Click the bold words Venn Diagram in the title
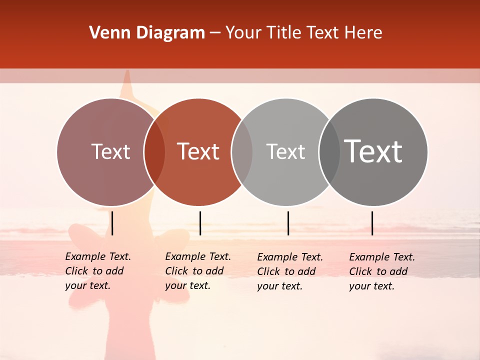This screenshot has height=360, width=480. tap(147, 33)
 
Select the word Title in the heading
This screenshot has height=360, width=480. tap(283, 33)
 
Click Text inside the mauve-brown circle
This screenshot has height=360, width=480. tap(110, 151)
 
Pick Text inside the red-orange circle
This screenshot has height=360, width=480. tap(198, 151)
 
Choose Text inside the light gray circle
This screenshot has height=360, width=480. tap(285, 151)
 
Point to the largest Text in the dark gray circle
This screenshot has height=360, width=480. tap(373, 151)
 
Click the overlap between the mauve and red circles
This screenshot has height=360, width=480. tap(154, 152)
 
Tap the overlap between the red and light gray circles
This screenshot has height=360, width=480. tap(242, 152)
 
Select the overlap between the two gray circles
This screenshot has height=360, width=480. tap(329, 152)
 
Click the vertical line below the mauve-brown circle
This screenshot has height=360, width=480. tap(112, 223)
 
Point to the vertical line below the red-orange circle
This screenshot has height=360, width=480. tap(200, 223)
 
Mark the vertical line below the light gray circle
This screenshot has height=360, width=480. tap(288, 223)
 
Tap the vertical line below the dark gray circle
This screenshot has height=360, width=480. tap(372, 223)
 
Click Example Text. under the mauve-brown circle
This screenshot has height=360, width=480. tap(98, 256)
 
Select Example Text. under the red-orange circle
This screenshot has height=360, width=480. tap(198, 256)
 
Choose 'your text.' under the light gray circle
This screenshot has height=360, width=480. tap(280, 286)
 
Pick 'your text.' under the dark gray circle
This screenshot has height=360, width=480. tap(372, 286)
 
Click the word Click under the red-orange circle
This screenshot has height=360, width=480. tap(176, 271)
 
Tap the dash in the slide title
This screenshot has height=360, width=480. tap(215, 33)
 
